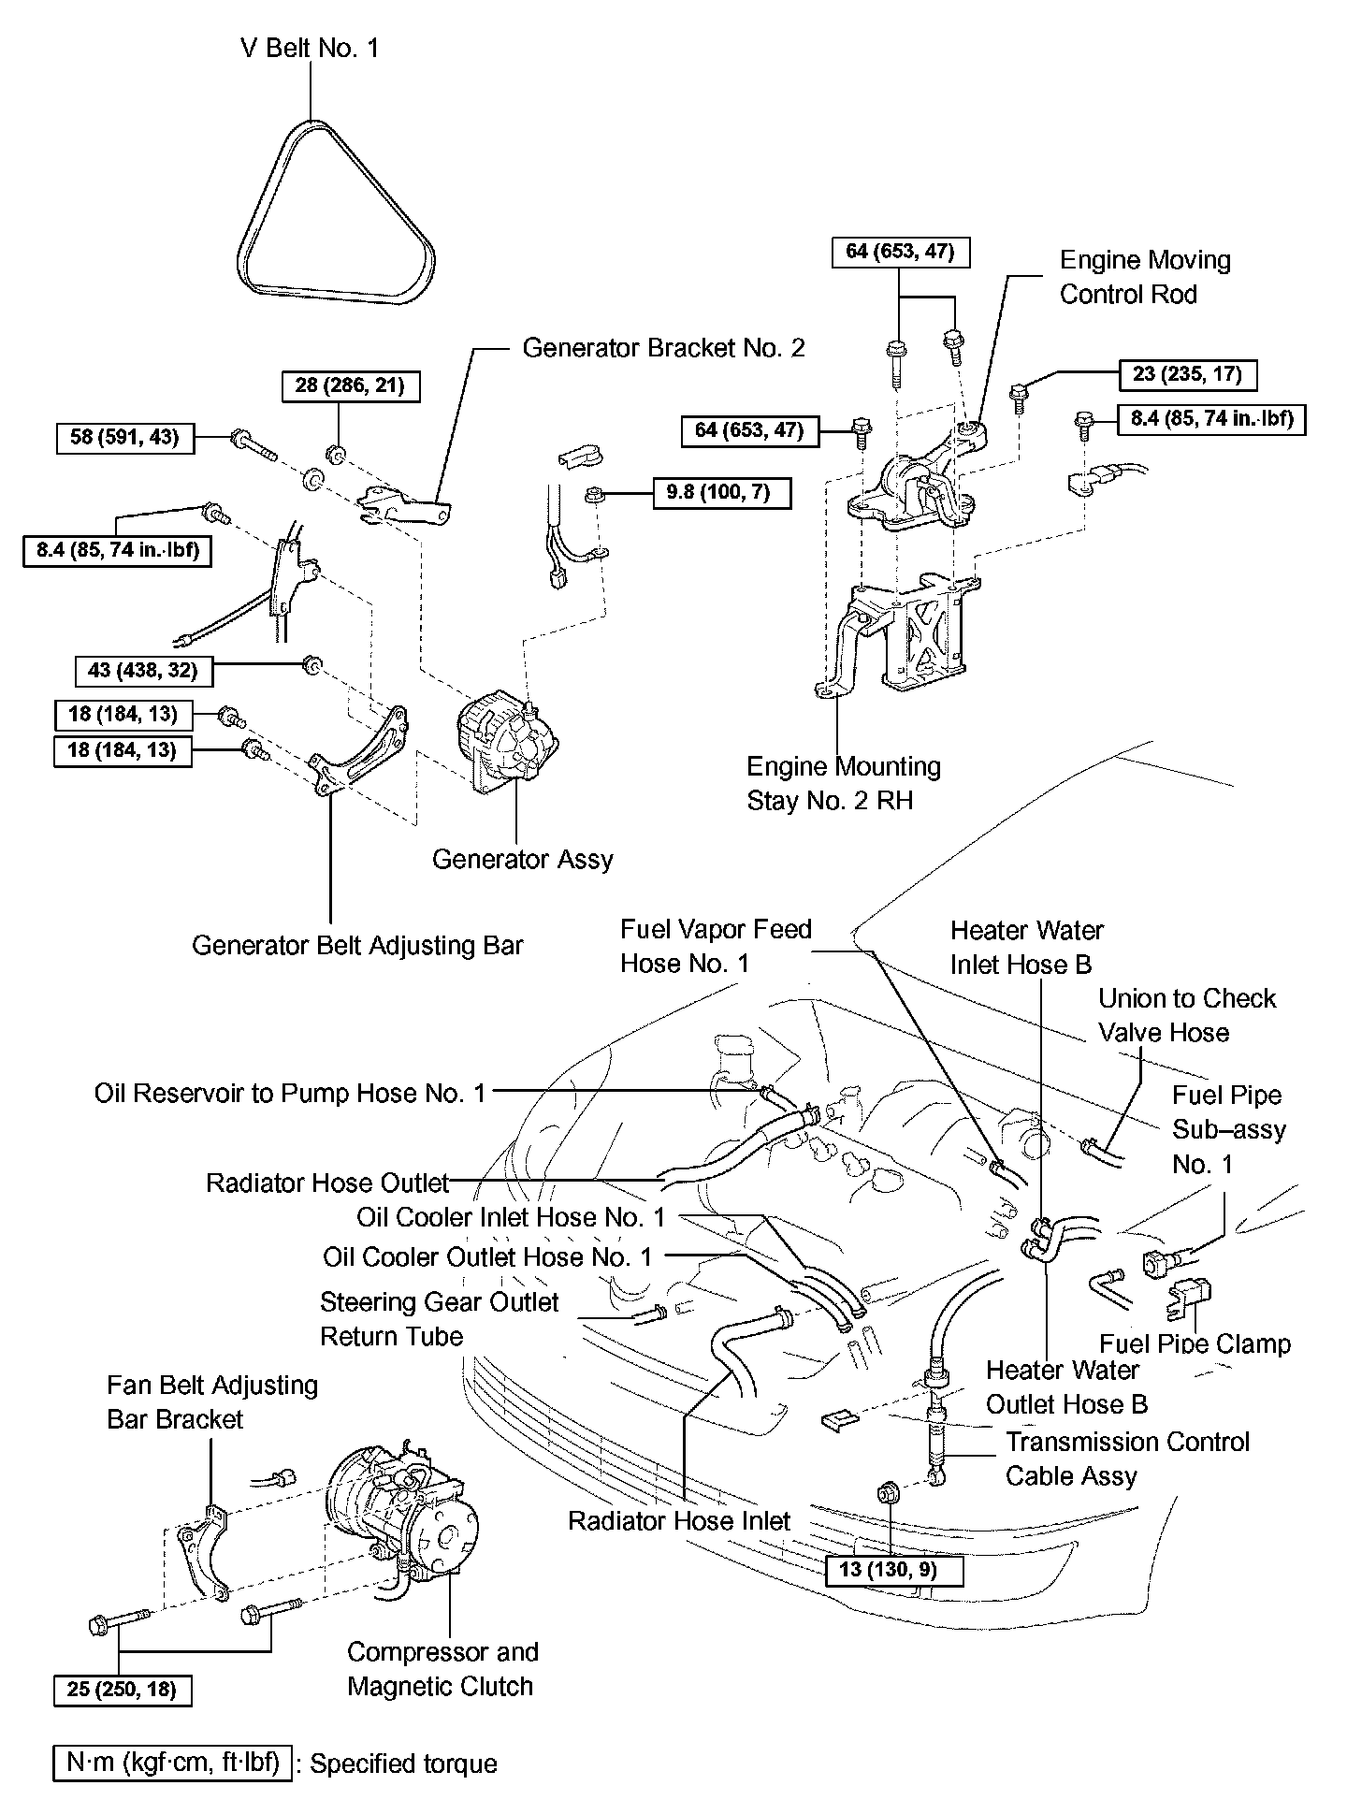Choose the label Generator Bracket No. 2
click(663, 348)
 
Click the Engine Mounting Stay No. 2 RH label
click(843, 783)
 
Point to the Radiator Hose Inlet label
click(679, 1521)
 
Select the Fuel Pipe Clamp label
click(1195, 1344)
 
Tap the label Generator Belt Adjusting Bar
click(357, 945)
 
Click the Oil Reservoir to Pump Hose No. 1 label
click(290, 1093)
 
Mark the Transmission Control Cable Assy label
click(1127, 1459)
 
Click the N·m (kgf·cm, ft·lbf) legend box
click(173, 1764)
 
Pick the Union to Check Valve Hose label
click(1186, 1015)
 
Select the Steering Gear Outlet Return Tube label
click(439, 1318)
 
